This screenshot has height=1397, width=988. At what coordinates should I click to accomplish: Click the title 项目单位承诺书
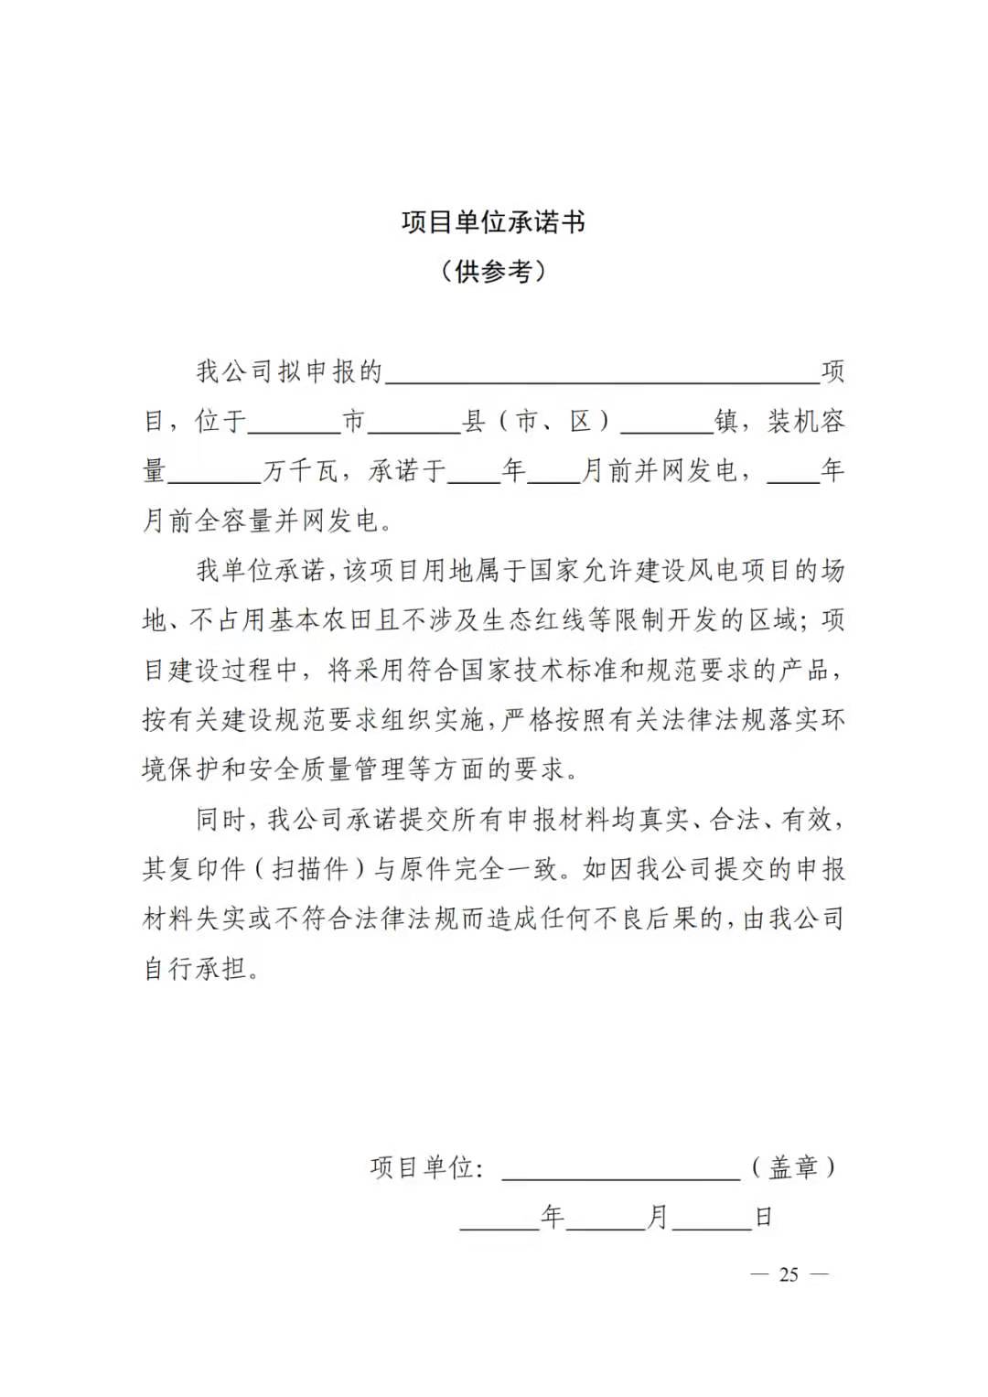[x=493, y=222]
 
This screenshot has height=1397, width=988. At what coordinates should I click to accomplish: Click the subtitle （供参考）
[x=493, y=271]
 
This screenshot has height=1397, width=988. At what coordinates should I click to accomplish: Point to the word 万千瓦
[x=302, y=471]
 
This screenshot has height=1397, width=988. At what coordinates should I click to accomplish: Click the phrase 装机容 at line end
[x=806, y=422]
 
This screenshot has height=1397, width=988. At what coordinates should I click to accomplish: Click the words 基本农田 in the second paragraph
[x=321, y=620]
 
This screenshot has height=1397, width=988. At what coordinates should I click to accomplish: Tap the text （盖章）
[x=793, y=1167]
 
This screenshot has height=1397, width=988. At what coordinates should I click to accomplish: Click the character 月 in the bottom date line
[x=658, y=1218]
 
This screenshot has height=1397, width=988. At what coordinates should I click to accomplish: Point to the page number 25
[x=789, y=1274]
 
